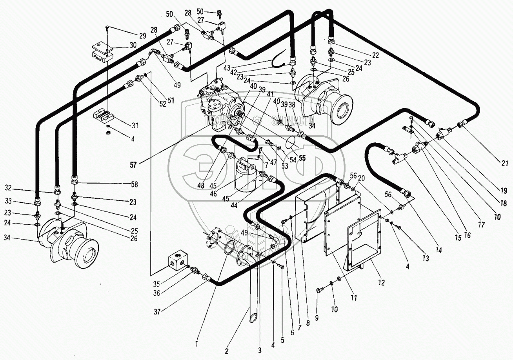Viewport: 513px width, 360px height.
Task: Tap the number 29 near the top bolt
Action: (142, 35)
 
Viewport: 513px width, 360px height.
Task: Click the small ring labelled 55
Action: (291, 142)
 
